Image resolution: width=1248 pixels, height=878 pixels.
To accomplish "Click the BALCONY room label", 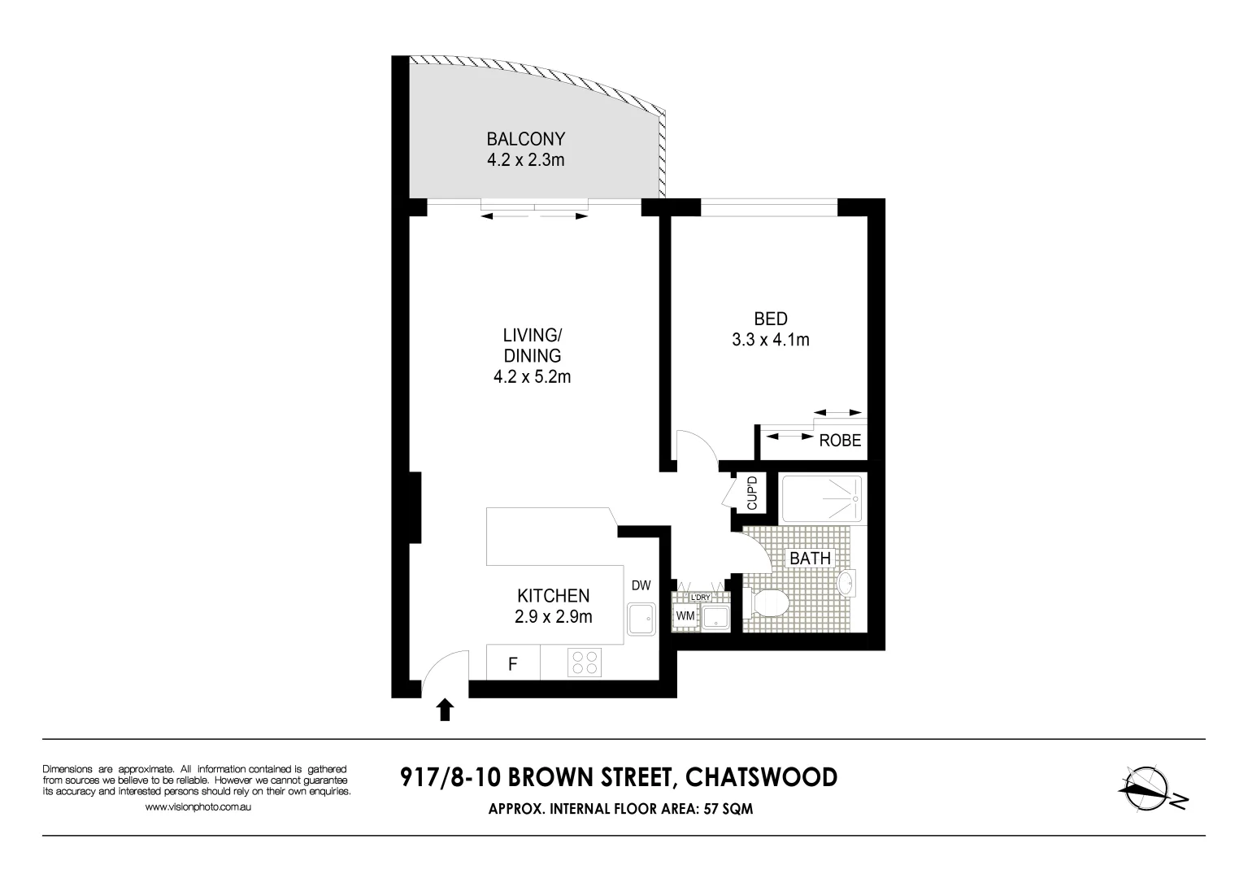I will pyautogui.click(x=525, y=139).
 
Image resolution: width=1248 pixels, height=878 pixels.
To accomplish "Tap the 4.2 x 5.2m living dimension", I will pyautogui.click(x=532, y=376).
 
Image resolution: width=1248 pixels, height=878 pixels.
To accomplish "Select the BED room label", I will pyautogui.click(x=770, y=319).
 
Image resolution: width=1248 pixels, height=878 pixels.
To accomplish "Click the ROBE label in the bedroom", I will pyautogui.click(x=840, y=441).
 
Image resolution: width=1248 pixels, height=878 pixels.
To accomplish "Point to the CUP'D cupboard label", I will pyautogui.click(x=752, y=493).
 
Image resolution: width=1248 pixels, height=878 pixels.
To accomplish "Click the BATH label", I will pyautogui.click(x=810, y=558).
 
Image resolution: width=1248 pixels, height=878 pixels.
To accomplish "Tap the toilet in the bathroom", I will pyautogui.click(x=767, y=603).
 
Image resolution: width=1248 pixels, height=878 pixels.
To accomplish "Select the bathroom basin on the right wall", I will pyautogui.click(x=847, y=583).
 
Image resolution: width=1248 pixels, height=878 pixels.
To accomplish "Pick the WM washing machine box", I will pyautogui.click(x=685, y=615).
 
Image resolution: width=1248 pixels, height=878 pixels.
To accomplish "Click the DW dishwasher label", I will pyautogui.click(x=641, y=585).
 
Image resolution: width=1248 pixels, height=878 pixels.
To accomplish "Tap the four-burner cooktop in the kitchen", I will pyautogui.click(x=583, y=663).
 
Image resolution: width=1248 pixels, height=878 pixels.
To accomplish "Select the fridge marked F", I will pyautogui.click(x=513, y=664).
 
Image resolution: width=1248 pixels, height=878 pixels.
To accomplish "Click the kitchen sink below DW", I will pyautogui.click(x=641, y=620).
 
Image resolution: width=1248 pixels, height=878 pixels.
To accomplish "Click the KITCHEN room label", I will pyautogui.click(x=553, y=596).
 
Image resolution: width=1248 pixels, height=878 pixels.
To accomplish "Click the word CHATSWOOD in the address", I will pyautogui.click(x=761, y=778).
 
